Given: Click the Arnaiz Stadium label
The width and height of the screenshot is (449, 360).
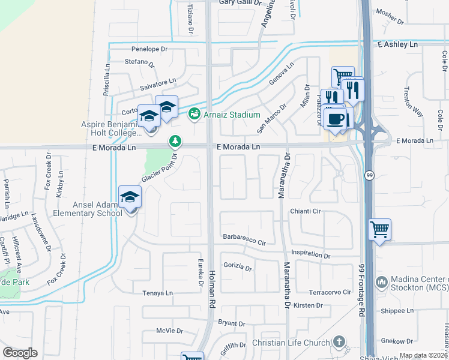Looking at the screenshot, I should [232, 115].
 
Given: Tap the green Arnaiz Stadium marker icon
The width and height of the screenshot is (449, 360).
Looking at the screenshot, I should [194, 114].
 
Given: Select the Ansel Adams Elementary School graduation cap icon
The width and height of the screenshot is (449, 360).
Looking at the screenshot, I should [130, 197].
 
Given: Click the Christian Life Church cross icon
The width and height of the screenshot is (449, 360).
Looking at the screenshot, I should [339, 342].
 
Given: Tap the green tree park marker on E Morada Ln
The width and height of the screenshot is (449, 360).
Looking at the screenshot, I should [175, 142].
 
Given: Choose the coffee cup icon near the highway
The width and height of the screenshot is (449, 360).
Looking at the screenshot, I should [336, 118].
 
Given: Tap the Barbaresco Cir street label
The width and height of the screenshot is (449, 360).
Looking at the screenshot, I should [244, 239].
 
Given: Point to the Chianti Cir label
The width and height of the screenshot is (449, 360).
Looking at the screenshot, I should [306, 211].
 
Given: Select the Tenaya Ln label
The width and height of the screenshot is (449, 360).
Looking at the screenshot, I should [157, 293].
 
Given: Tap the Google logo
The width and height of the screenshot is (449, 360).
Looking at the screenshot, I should [20, 353].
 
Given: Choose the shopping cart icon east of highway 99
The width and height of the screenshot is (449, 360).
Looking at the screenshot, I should [379, 229].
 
